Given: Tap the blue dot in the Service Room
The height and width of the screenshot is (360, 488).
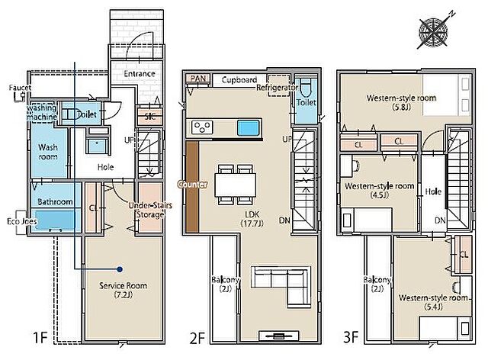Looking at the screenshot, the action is point(119,269).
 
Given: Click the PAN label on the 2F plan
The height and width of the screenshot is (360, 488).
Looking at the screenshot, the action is point(198,78).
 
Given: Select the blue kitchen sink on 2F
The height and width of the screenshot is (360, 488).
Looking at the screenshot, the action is point(249,128).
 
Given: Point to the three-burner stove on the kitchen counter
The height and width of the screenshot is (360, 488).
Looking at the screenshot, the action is point(202,127).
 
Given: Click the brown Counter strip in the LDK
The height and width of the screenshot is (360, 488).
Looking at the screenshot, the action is point(193,187).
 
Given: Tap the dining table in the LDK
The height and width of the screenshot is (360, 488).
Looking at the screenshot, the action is point(236,185).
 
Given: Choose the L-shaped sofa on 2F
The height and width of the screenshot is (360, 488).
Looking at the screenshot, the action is point(281,286).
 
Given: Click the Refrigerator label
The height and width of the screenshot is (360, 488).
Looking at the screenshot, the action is point(277,88).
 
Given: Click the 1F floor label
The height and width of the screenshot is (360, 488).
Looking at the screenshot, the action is point(40,337).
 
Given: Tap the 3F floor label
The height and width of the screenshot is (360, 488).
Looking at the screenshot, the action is point(351,337).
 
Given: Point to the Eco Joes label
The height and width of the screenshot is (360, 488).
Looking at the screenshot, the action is point(22,221).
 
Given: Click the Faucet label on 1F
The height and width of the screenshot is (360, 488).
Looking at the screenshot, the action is point(21,88).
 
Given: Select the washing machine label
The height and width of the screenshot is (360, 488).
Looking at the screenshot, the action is point(42,112).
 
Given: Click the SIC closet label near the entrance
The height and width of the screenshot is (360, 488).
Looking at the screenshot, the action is point(150,117).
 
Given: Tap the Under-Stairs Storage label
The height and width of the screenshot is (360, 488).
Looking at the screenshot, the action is point(150,210).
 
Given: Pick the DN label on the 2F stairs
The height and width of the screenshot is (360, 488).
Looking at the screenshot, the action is point(284,220).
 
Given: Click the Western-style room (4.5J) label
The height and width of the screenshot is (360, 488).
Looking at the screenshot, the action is point(380,190).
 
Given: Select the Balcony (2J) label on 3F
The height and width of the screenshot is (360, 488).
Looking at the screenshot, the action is point(377,284).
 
